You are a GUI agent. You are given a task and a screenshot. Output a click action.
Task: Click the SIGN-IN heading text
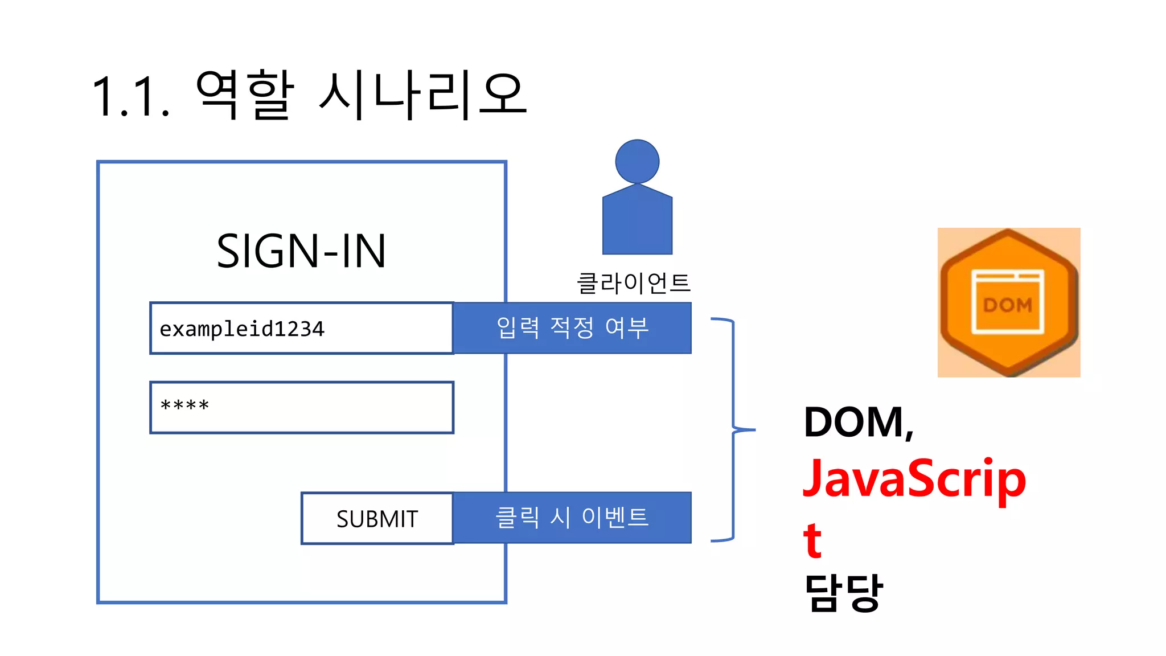point(301,251)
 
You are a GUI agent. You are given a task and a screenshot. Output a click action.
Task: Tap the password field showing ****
point(302,407)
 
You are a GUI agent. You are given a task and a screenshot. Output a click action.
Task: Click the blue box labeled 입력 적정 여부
point(572,328)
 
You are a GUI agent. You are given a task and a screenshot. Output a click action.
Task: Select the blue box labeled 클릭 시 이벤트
point(572,518)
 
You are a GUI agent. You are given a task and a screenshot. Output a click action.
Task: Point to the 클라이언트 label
point(633,283)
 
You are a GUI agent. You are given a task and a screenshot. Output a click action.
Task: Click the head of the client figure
point(637,162)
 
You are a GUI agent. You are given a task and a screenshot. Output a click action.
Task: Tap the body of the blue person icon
point(637,222)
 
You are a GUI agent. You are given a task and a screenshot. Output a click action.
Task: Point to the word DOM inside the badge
point(1007,306)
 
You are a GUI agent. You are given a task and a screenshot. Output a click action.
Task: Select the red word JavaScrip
point(914,479)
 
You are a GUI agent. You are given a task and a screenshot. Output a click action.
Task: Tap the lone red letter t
point(812,539)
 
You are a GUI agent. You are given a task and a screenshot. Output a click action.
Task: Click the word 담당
point(843,593)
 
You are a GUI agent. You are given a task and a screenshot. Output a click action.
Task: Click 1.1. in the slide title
point(130,97)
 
